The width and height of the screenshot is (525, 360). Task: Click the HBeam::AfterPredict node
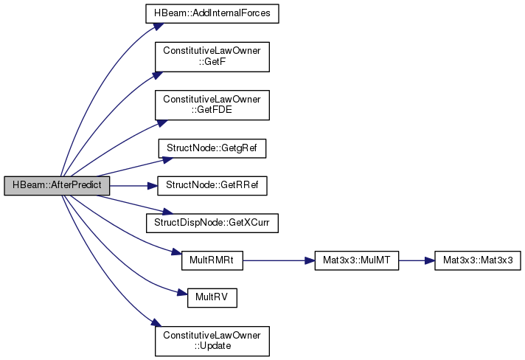click(57, 186)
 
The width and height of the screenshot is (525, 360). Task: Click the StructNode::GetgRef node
click(211, 148)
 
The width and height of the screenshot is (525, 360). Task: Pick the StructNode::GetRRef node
click(211, 186)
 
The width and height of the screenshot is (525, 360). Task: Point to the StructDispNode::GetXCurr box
click(211, 221)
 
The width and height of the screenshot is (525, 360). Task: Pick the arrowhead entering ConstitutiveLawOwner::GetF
click(156, 73)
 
